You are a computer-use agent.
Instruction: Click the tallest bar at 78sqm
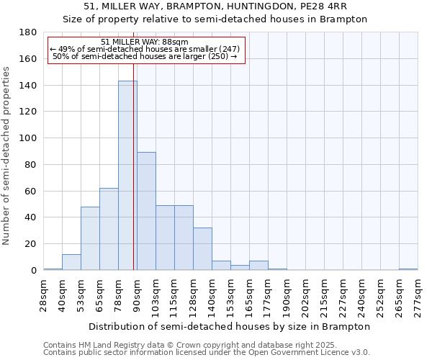[127, 176]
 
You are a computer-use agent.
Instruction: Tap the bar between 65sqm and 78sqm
[109, 229]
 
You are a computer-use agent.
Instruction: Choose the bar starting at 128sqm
[202, 249]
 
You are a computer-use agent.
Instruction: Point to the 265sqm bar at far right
[408, 269]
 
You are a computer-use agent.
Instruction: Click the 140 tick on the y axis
[29, 86]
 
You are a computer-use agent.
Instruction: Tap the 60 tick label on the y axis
[31, 191]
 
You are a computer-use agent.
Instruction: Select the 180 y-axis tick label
[29, 32]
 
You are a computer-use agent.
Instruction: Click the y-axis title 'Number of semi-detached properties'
[6, 156]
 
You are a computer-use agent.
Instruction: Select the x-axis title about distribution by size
[230, 326]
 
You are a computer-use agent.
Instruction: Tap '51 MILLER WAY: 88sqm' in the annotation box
[145, 42]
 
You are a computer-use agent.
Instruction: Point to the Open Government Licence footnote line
[207, 353]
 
